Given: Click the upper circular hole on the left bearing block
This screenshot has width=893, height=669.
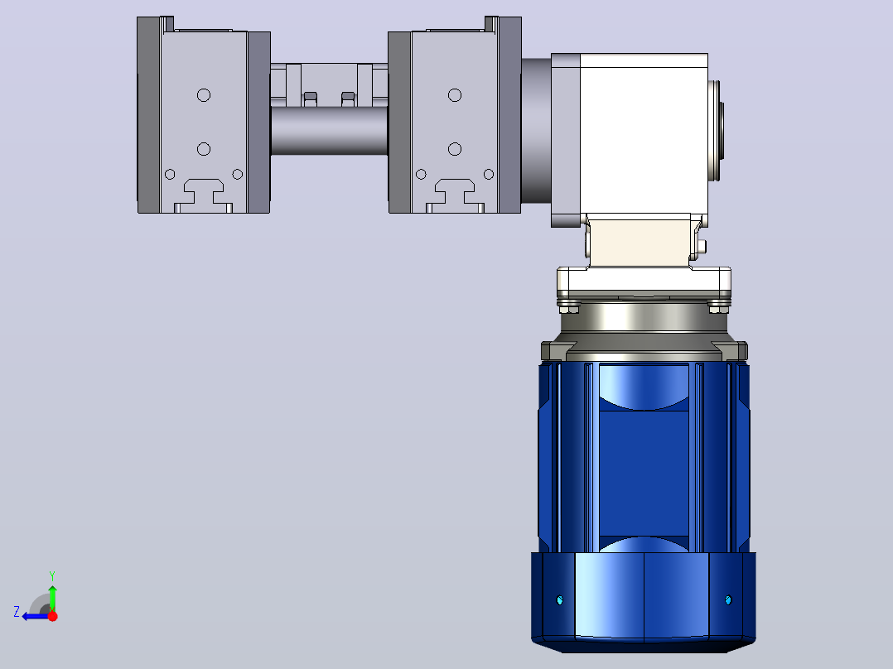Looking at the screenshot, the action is click(x=204, y=95).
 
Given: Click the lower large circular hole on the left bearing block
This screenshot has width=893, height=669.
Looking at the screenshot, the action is click(x=204, y=149).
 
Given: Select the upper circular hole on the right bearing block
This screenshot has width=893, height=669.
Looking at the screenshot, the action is click(x=455, y=95).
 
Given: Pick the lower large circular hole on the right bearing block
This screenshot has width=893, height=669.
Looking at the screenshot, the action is click(x=455, y=149).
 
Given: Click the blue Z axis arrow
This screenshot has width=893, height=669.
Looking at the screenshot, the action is click(x=36, y=616).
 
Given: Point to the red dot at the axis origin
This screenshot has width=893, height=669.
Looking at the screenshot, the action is click(x=52, y=616).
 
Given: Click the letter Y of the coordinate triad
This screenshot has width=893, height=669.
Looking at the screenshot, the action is click(x=52, y=575).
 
